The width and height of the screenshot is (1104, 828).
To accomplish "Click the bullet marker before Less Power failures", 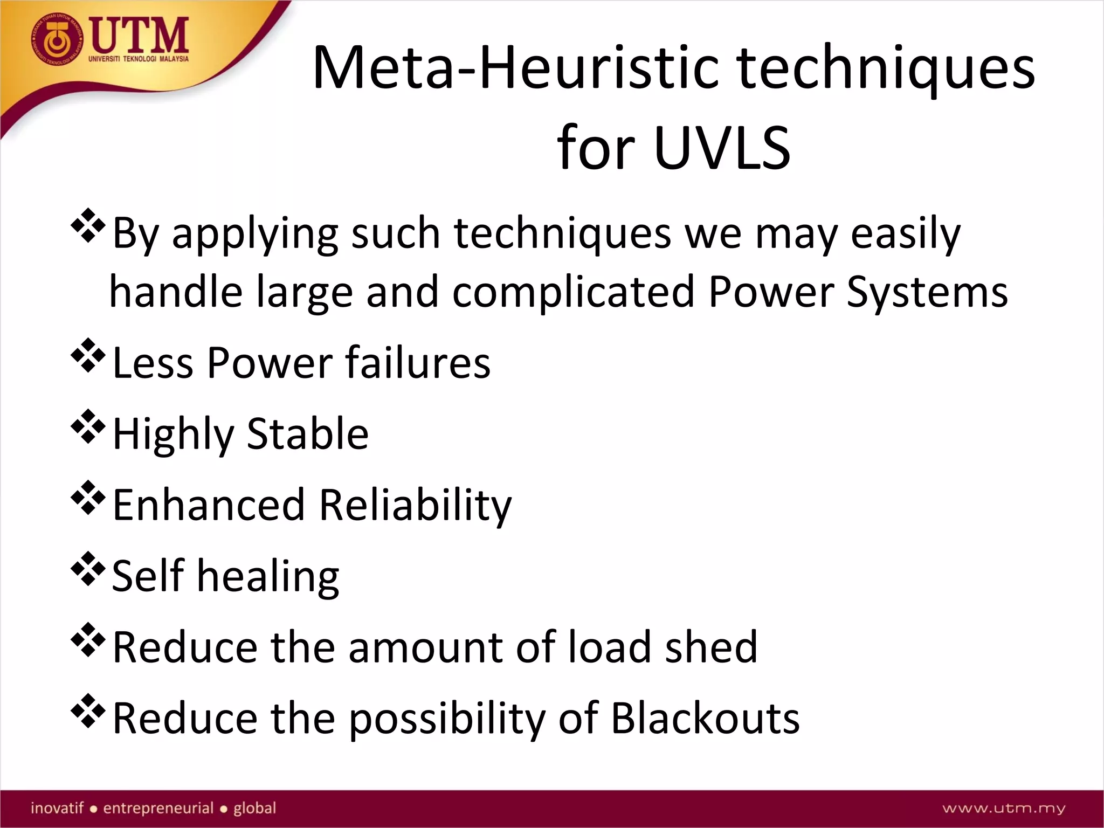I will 87,356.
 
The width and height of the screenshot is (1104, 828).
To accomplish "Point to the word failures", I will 418,362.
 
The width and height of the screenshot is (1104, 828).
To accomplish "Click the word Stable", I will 308,433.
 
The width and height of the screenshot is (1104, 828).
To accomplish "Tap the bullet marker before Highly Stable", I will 87,427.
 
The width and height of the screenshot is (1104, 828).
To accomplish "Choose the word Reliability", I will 415,506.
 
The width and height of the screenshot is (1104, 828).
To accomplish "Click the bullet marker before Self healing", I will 87,570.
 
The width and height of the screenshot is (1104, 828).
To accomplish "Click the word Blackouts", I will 705,718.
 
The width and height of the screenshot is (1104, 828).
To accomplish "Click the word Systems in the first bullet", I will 927,292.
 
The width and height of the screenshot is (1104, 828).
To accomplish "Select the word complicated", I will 574,292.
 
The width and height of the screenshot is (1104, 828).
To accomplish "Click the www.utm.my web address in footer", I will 1004,808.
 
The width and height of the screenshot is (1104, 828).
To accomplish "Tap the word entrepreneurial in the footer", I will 158,808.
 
